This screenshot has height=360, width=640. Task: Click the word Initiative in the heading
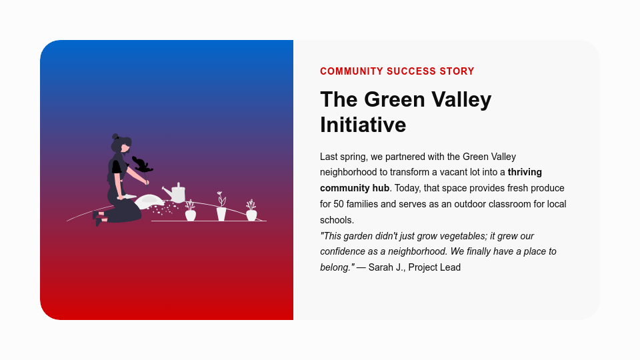tap(363, 125)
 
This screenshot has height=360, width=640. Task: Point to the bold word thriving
tap(525, 172)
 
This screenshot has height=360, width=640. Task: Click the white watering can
tap(178, 194)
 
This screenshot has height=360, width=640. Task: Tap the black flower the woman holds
tap(142, 164)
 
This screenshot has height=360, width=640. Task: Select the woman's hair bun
tap(115, 137)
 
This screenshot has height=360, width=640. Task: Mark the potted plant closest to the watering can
tap(191, 213)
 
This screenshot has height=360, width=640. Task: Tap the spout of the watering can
tap(166, 191)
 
